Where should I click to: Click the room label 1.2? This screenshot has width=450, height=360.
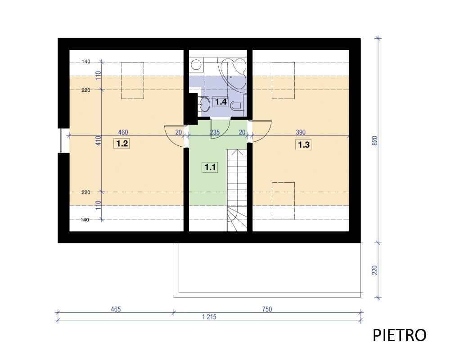point(122,143)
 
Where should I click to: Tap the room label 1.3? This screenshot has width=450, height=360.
point(303,145)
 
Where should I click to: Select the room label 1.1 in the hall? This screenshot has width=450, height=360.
point(210,167)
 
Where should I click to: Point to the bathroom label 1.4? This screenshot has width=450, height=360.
point(220,102)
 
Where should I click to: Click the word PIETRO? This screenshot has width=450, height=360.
point(399,335)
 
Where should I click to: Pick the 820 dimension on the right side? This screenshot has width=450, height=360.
point(375,141)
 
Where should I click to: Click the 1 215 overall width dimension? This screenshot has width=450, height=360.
point(209,317)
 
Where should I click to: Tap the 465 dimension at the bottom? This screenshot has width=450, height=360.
point(116,309)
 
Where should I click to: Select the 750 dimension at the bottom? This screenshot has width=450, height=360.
point(267,309)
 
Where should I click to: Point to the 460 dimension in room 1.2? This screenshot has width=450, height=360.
point(123,132)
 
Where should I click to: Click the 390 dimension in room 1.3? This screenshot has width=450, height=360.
point(301,132)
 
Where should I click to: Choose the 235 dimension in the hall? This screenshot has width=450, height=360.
point(215,132)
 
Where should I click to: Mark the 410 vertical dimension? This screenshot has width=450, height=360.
point(99,140)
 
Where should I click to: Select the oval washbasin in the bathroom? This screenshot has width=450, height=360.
point(205,104)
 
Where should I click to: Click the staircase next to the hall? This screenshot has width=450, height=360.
point(237,190)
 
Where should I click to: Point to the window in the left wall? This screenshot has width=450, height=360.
point(64,140)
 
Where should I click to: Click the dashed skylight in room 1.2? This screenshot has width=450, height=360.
point(133,81)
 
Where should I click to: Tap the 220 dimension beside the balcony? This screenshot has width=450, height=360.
point(375,270)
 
